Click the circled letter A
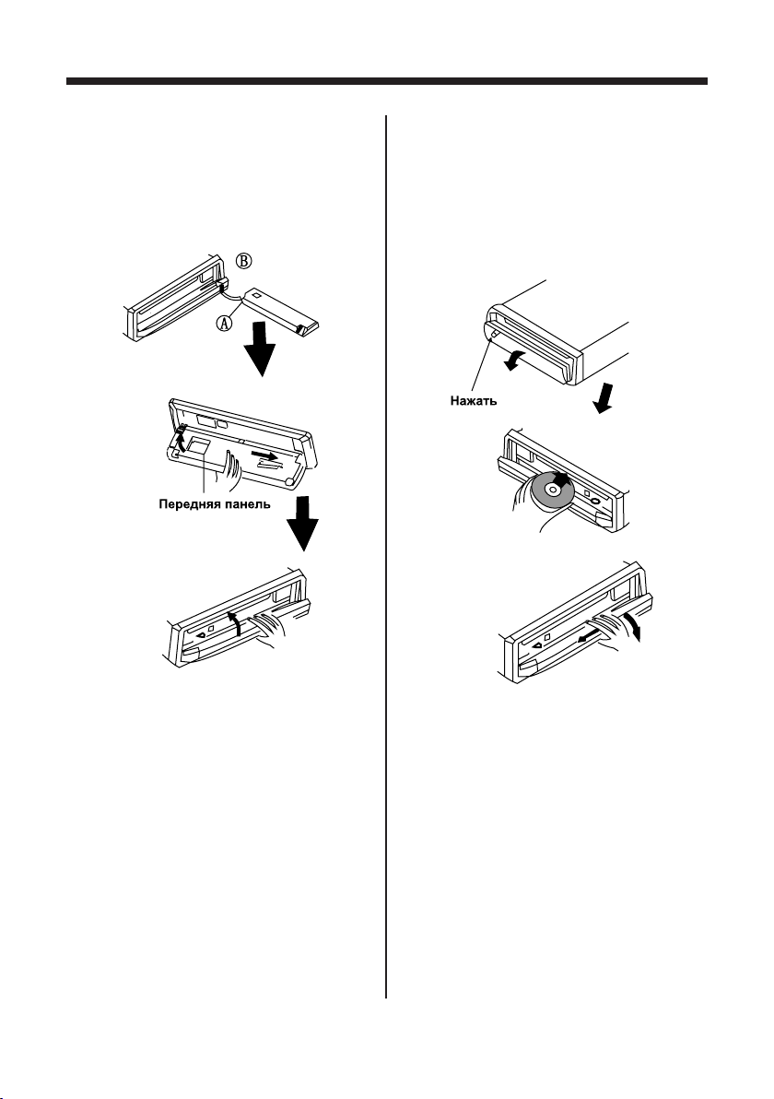coord(224,322)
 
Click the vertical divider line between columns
coord(385,553)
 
